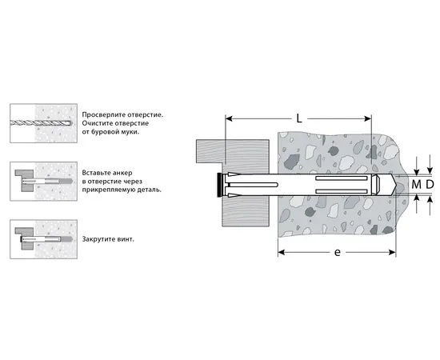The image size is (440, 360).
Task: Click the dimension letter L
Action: click(x=299, y=119)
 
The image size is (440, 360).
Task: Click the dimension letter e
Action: click(x=338, y=252)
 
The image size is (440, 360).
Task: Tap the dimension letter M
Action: click(x=417, y=184)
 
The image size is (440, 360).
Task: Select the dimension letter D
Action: click(x=430, y=184)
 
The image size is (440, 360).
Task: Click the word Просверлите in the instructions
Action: click(x=103, y=114)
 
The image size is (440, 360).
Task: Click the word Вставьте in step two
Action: click(x=95, y=173)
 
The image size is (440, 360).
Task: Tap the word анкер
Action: click(x=121, y=173)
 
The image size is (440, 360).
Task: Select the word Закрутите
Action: click(x=98, y=239)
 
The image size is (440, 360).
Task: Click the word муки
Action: click(x=130, y=131)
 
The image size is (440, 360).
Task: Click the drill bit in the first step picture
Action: click(x=41, y=122)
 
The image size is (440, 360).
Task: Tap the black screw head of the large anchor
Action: click(x=218, y=185)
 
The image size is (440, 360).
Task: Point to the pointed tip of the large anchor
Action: click(x=395, y=185)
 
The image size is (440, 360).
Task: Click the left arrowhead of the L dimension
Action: click(x=229, y=119)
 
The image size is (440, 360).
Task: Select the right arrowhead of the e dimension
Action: click(x=392, y=252)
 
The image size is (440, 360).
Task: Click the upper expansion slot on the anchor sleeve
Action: click(x=342, y=178)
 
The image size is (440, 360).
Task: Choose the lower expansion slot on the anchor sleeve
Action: click(x=342, y=191)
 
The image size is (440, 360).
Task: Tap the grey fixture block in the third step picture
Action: click(x=26, y=238)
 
